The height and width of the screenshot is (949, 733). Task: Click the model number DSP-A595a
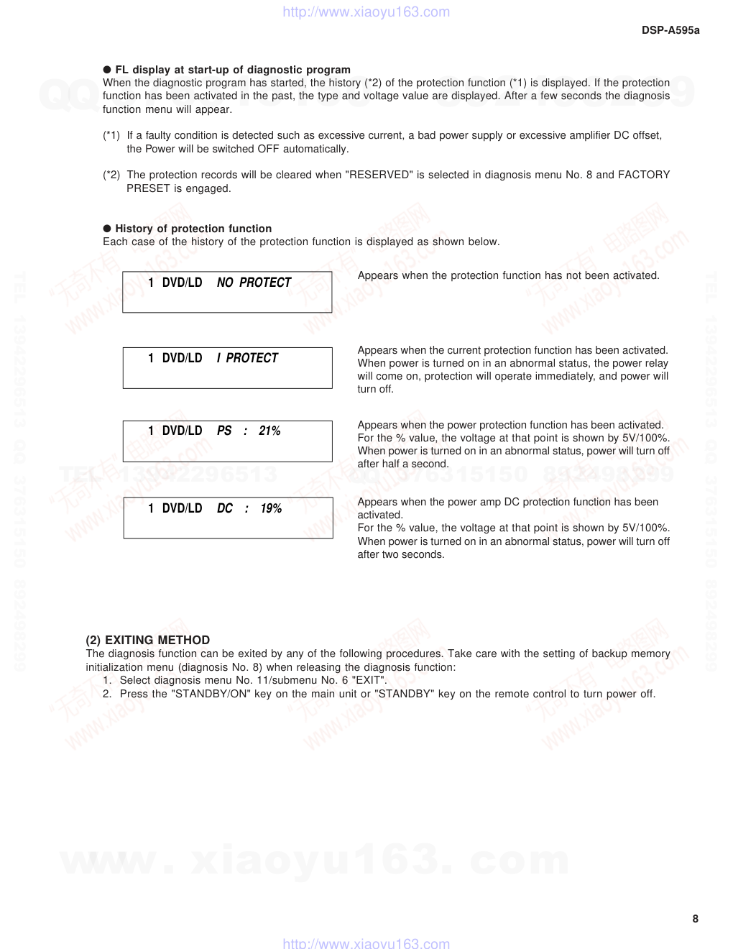coord(670,30)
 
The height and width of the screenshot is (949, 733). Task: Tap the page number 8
coord(695,918)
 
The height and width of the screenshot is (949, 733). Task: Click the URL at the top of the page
coord(366,12)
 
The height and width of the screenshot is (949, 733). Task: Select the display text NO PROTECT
coord(254,283)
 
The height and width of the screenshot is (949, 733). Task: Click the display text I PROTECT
coord(247,358)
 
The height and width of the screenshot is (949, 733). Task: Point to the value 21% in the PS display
coord(269,431)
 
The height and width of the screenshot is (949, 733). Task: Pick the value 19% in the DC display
coord(271,508)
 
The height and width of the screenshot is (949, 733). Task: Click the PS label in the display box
coord(224,431)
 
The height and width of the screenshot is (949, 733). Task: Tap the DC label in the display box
coord(225,508)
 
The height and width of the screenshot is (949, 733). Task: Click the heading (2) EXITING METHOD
coord(148,640)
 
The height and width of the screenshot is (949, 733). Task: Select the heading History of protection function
coord(193,229)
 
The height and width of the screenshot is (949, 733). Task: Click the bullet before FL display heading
coord(107,70)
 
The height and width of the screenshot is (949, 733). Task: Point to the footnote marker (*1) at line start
coord(111,135)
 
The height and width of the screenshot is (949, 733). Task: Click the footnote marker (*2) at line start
coord(111,175)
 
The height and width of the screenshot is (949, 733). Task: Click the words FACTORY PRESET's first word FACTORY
coord(643,175)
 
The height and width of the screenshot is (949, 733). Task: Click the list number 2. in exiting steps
coord(107,694)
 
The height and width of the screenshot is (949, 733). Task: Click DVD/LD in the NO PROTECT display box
coord(182,283)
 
